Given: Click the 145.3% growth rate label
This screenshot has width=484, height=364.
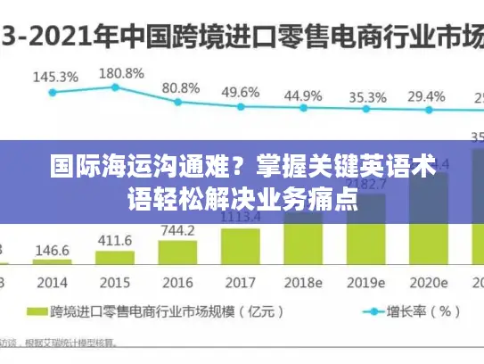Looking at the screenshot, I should coord(55,77).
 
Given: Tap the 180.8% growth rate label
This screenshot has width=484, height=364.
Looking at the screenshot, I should coord(120,72).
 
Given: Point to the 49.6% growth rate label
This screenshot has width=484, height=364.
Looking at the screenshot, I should coord(241,92).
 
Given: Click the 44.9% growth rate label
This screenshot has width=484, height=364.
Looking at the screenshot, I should coord(303,95).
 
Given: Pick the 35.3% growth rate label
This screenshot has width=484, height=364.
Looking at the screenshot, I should coord(367,96).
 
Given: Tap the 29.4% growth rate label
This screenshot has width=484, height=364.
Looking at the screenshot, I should coord(426,96).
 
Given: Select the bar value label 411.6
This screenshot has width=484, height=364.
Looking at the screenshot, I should coord(115,241).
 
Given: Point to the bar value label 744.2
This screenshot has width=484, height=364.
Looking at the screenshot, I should coord(177,230).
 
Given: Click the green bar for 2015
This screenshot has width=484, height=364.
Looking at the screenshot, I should coord(115,258).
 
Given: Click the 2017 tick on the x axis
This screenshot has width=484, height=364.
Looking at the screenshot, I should coord(240,282).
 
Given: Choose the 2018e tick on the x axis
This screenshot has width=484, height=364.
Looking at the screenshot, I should coord(303,282).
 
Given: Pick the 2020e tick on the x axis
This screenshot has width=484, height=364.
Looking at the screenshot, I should coord(429,282).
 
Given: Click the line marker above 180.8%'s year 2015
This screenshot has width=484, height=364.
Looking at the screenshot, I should coord(116,87).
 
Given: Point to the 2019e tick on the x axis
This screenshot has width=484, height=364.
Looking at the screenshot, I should coord(366,282).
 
